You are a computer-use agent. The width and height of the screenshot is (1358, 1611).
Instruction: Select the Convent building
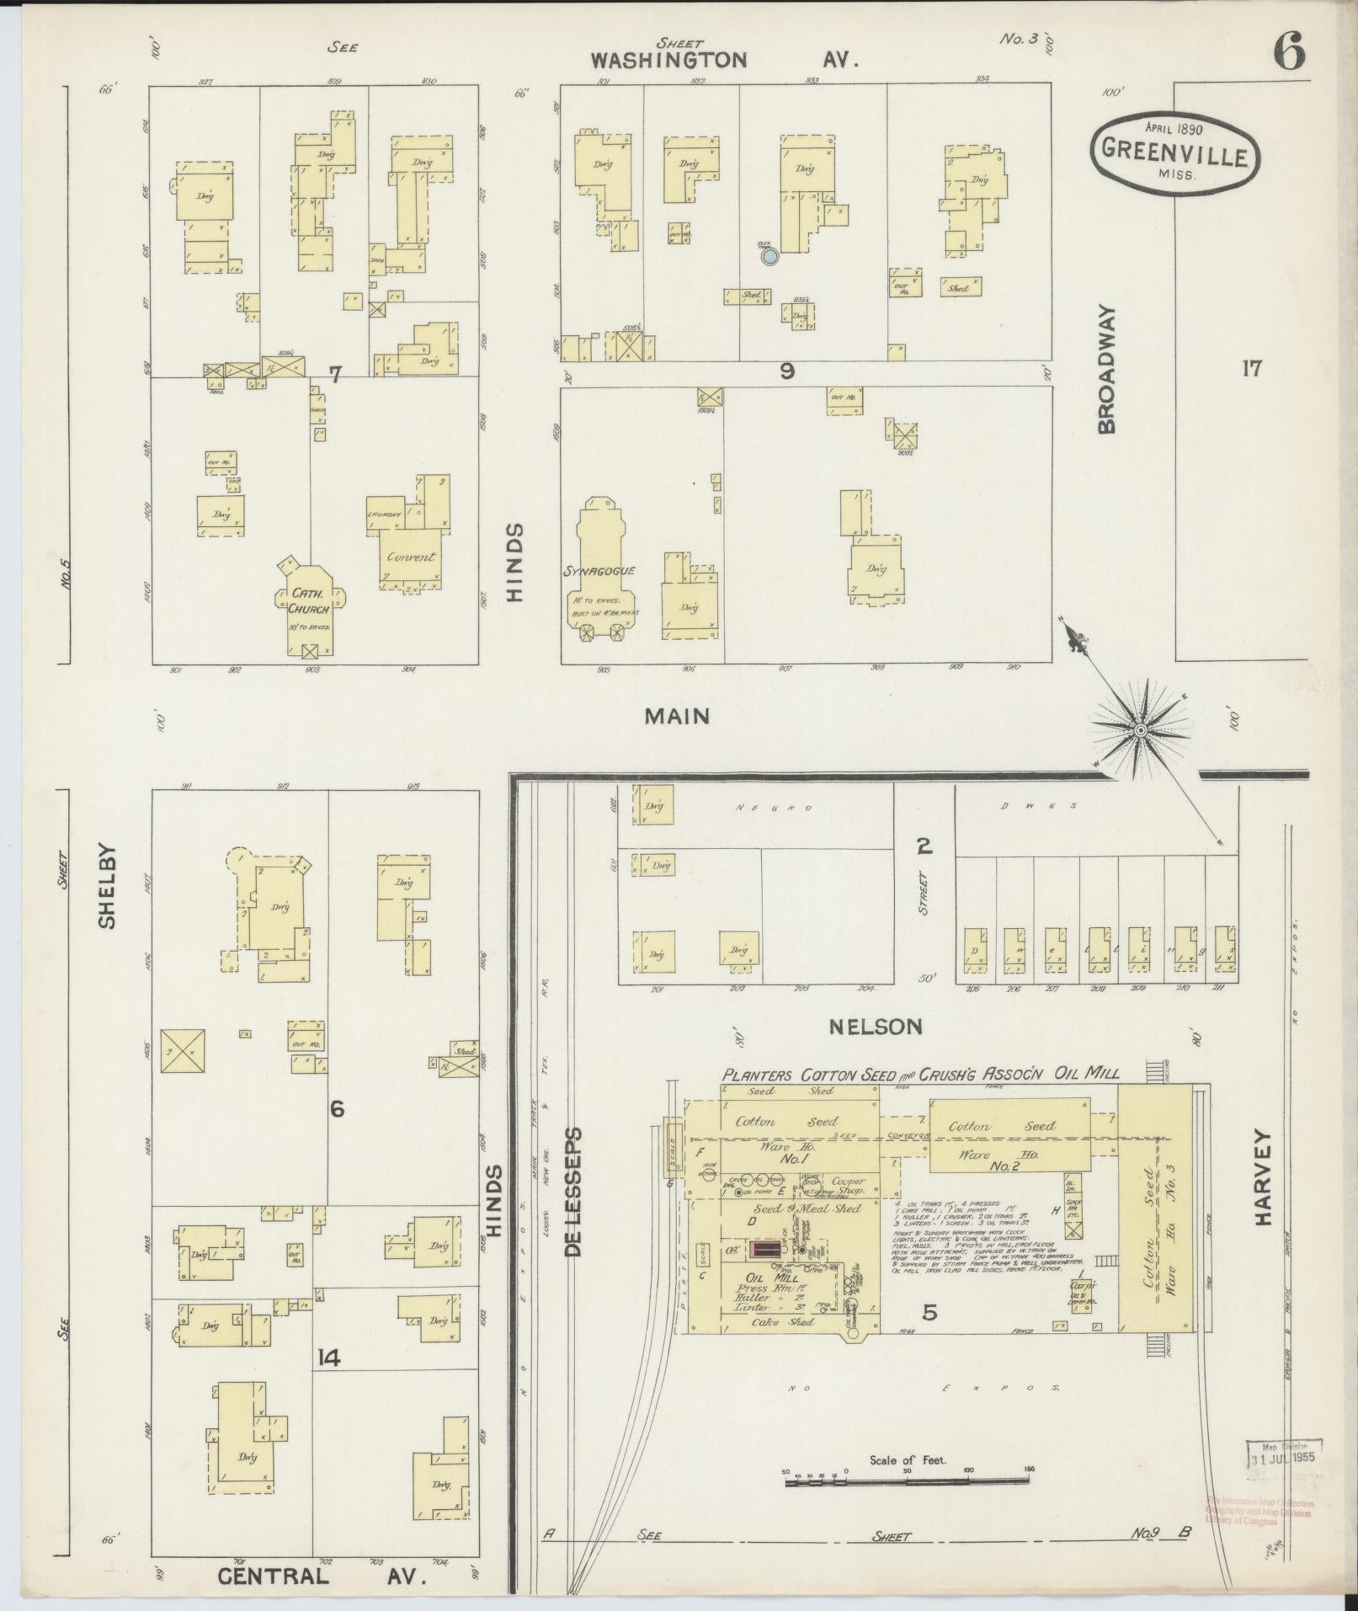click(x=410, y=556)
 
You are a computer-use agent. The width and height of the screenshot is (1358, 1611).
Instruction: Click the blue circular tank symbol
click(x=769, y=257)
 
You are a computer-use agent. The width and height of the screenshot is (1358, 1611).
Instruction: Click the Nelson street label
click(x=876, y=1027)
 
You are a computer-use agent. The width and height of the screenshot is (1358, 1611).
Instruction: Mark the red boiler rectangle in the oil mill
click(x=764, y=1250)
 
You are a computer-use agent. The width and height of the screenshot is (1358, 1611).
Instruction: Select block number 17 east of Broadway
click(x=1252, y=368)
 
